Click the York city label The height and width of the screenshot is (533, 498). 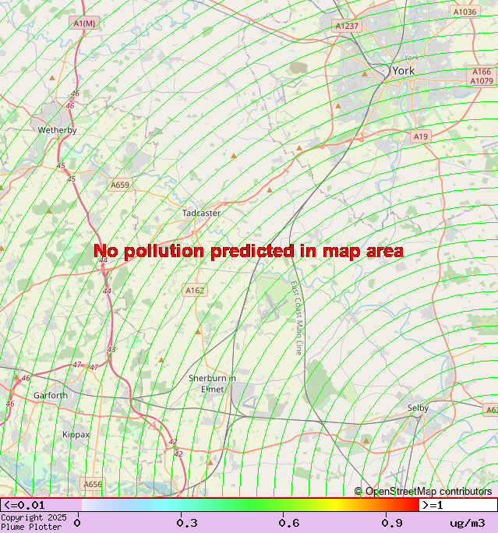[x=404, y=71]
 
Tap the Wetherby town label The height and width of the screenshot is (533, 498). [x=58, y=130]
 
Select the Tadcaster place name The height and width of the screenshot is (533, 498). [x=201, y=213]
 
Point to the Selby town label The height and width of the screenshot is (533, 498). [x=418, y=408]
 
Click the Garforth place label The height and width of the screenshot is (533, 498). [x=51, y=395]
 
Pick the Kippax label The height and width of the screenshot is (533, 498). [x=76, y=434]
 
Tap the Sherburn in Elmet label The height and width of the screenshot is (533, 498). [x=212, y=383]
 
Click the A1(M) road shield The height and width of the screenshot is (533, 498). [x=84, y=23]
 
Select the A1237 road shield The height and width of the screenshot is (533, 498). [x=348, y=26]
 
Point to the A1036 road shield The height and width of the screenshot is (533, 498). [x=464, y=12]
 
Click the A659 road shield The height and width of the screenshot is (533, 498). [x=119, y=185]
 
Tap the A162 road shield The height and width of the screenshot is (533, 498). [x=195, y=290]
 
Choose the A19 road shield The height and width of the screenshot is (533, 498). [x=421, y=136]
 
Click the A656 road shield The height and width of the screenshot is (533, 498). [x=93, y=484]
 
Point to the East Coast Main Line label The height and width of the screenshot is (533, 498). [x=296, y=319]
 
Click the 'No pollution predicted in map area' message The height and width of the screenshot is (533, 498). [x=249, y=251]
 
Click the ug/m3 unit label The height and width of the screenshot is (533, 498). [x=468, y=523]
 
